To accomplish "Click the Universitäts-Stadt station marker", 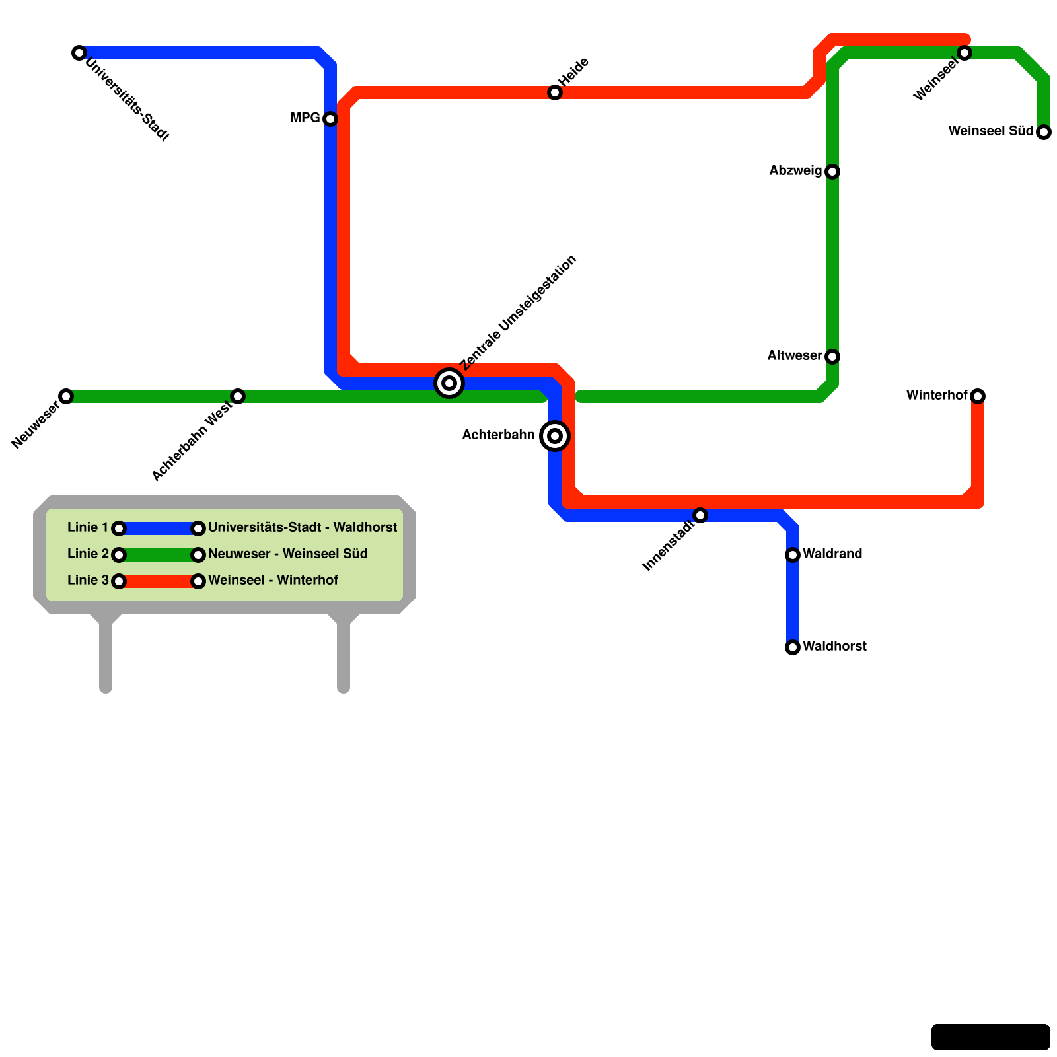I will [79, 53].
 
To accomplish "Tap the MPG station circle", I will [330, 119].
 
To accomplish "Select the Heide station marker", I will [555, 92].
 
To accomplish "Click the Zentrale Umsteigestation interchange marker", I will [449, 383].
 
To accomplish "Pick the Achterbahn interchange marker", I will [555, 436].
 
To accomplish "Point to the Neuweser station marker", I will [66, 396].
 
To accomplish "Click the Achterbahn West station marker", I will [238, 396].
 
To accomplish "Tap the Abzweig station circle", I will [832, 172].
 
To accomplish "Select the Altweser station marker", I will [832, 357].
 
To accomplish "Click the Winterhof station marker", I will [978, 396].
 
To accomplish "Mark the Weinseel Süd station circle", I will [1044, 132].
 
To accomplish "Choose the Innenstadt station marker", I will [700, 515].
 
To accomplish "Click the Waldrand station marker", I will [793, 555].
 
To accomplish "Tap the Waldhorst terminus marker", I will [793, 647].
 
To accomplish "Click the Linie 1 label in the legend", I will [87, 528].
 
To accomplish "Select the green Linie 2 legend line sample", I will [159, 555].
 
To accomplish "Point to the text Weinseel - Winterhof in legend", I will [273, 581].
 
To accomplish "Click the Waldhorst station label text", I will [834, 647].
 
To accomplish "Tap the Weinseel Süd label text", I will [990, 131].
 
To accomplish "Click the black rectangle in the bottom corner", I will [990, 1037].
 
